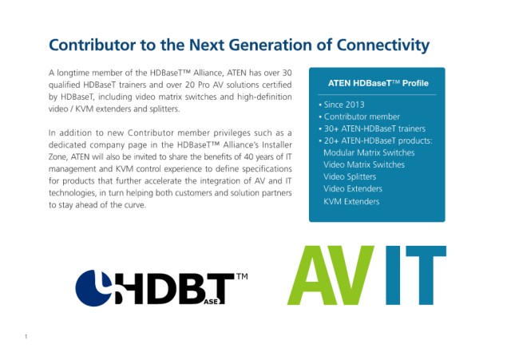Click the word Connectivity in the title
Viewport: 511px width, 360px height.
tap(383, 45)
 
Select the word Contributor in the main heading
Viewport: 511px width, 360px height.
tap(92, 45)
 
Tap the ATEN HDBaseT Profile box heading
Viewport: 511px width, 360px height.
tap(378, 83)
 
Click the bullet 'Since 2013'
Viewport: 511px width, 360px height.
tap(342, 105)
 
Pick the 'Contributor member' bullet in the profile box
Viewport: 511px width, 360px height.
tap(359, 117)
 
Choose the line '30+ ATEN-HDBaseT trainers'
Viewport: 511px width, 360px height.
tap(372, 129)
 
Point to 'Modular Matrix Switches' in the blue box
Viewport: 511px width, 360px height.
tap(369, 152)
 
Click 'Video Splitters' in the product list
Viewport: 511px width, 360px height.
tap(350, 176)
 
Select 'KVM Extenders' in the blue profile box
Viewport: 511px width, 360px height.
tap(351, 201)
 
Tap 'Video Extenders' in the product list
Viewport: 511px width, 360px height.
tap(353, 188)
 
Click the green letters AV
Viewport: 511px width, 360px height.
tap(331, 275)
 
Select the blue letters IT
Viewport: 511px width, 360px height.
tap(416, 275)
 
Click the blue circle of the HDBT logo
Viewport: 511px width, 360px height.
tap(90, 288)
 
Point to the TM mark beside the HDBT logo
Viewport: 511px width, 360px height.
tap(241, 277)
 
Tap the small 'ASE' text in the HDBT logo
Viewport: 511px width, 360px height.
tap(211, 302)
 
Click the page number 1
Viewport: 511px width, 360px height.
tap(26, 337)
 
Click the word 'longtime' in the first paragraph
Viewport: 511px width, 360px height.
tap(73, 73)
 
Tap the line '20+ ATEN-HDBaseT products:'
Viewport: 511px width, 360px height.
tap(375, 140)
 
